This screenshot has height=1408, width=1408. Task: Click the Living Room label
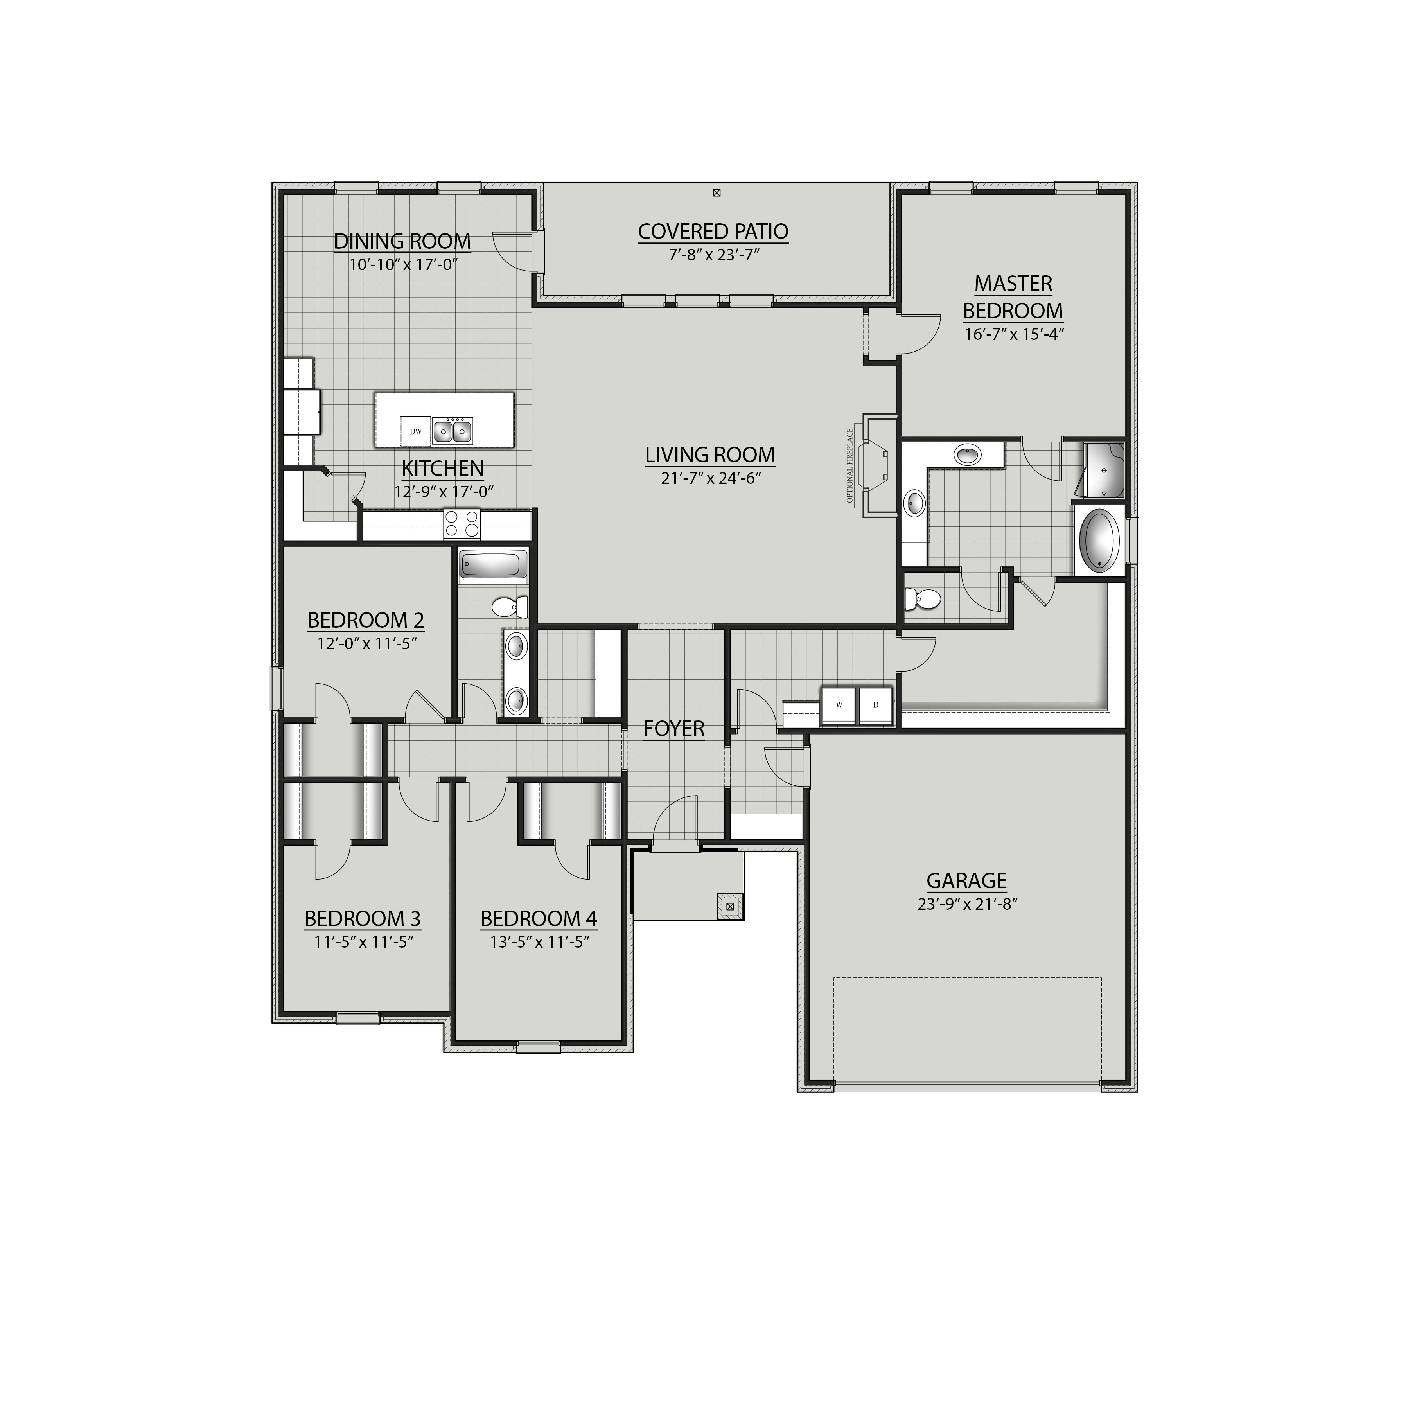710,455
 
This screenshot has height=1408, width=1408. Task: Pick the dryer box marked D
875,705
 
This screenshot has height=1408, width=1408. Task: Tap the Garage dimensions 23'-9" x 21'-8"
966,904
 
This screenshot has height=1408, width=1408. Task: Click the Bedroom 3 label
362,918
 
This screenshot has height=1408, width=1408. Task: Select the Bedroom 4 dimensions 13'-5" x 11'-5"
539,941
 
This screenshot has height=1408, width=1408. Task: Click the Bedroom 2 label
365,620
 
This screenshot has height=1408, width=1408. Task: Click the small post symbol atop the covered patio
717,193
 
